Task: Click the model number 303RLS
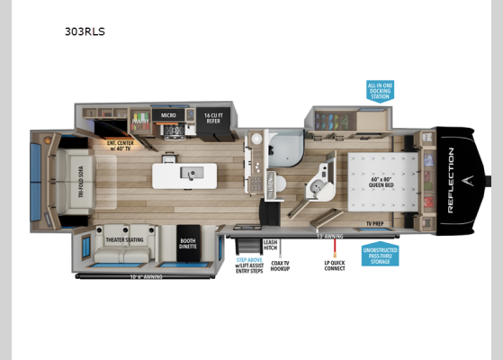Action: coord(85,31)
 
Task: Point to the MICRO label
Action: coord(167,115)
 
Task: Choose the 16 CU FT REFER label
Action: coord(213,116)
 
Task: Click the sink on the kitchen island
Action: coord(191,173)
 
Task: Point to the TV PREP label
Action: coord(374,222)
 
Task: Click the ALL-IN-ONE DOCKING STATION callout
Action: coord(380,90)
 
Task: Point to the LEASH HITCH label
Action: coord(269,245)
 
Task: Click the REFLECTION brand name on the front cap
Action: coord(451,180)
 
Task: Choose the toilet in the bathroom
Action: coord(278,185)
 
